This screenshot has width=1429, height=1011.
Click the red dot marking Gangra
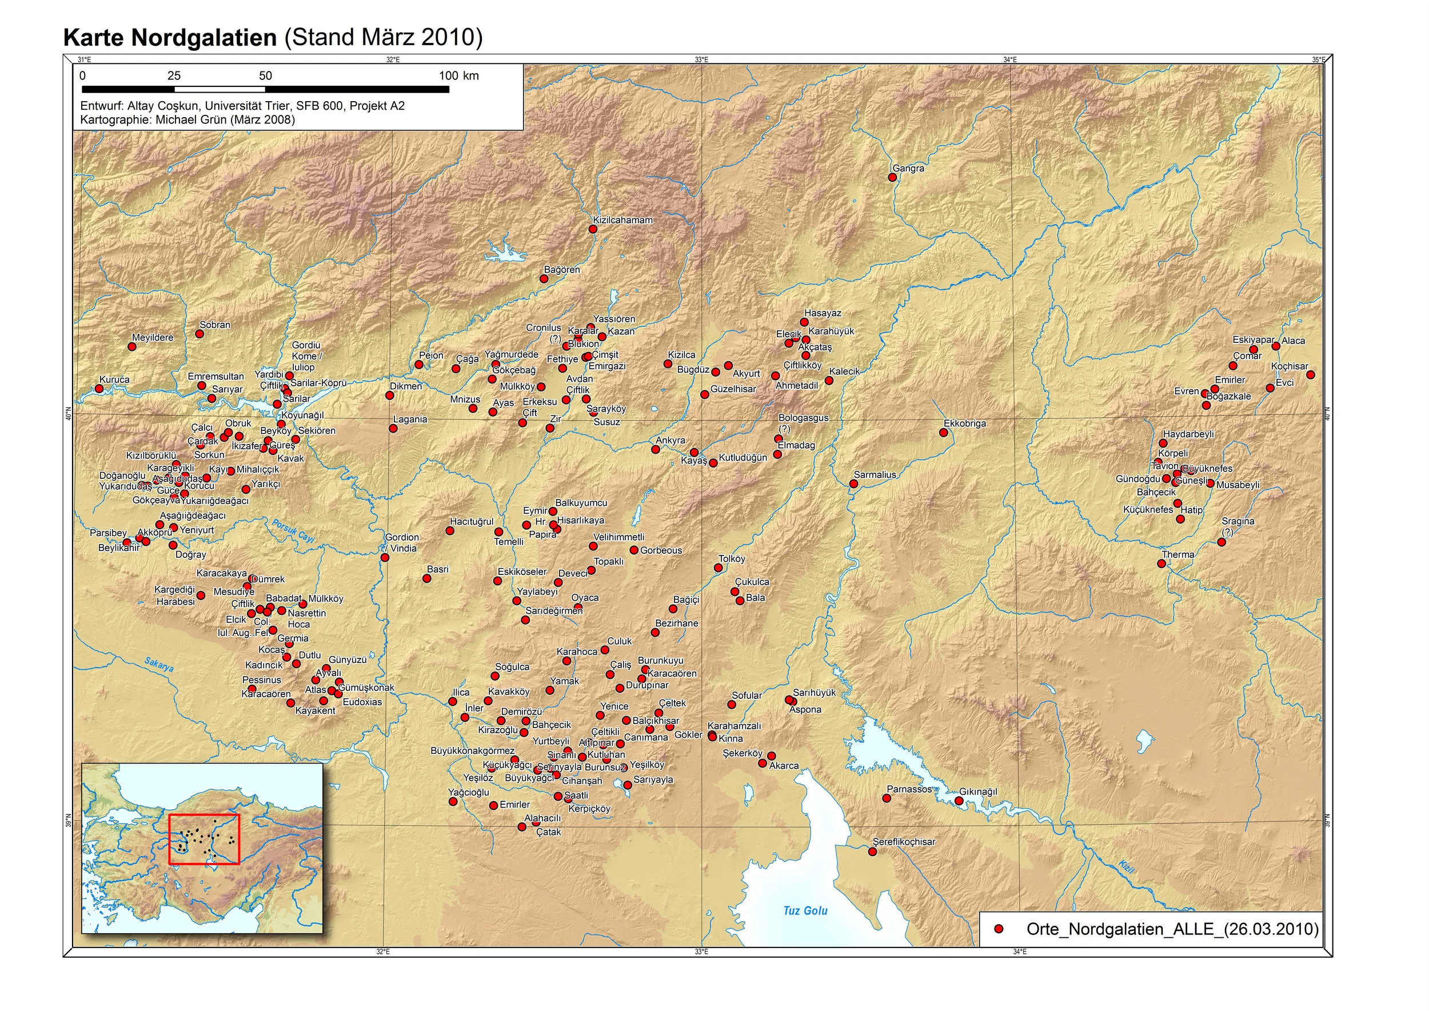pyautogui.click(x=892, y=177)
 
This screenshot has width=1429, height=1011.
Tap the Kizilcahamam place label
pyautogui.click(x=622, y=220)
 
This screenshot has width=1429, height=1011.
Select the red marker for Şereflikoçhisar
pyautogui.click(x=872, y=852)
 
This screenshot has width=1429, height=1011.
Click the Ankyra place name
pyautogui.click(x=670, y=440)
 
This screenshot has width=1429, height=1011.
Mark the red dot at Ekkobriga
pyautogui.click(x=943, y=433)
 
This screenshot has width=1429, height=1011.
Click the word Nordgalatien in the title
pyautogui.click(x=204, y=37)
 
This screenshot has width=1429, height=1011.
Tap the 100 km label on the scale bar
pyautogui.click(x=458, y=76)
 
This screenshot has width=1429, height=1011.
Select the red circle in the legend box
pyautogui.click(x=999, y=929)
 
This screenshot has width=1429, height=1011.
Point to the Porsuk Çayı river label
pyautogui.click(x=293, y=530)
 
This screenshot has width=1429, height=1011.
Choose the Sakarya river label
pyautogui.click(x=159, y=664)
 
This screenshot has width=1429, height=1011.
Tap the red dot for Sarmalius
pyautogui.click(x=853, y=483)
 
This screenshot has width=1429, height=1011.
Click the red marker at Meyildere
pyautogui.click(x=132, y=347)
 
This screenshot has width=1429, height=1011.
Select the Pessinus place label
pyautogui.click(x=262, y=680)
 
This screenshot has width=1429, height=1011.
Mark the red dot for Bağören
pyautogui.click(x=544, y=279)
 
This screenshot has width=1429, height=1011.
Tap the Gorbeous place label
pyautogui.click(x=661, y=550)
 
